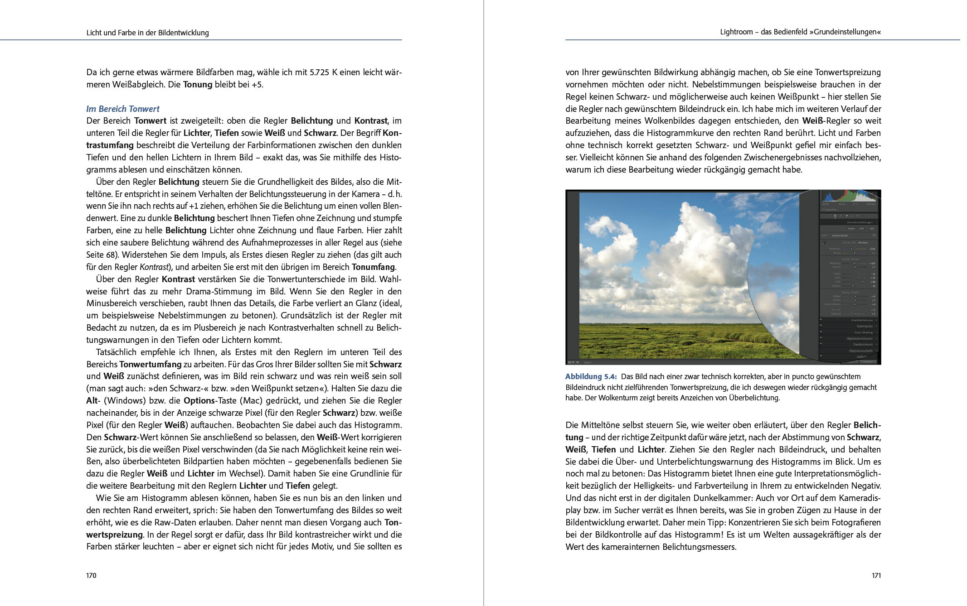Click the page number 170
[91, 576]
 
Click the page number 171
[876, 576]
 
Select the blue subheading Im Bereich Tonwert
[123, 109]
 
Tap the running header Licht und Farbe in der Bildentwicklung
[147, 33]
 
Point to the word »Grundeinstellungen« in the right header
[847, 32]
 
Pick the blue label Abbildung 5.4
[591, 376]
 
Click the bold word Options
[199, 401]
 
